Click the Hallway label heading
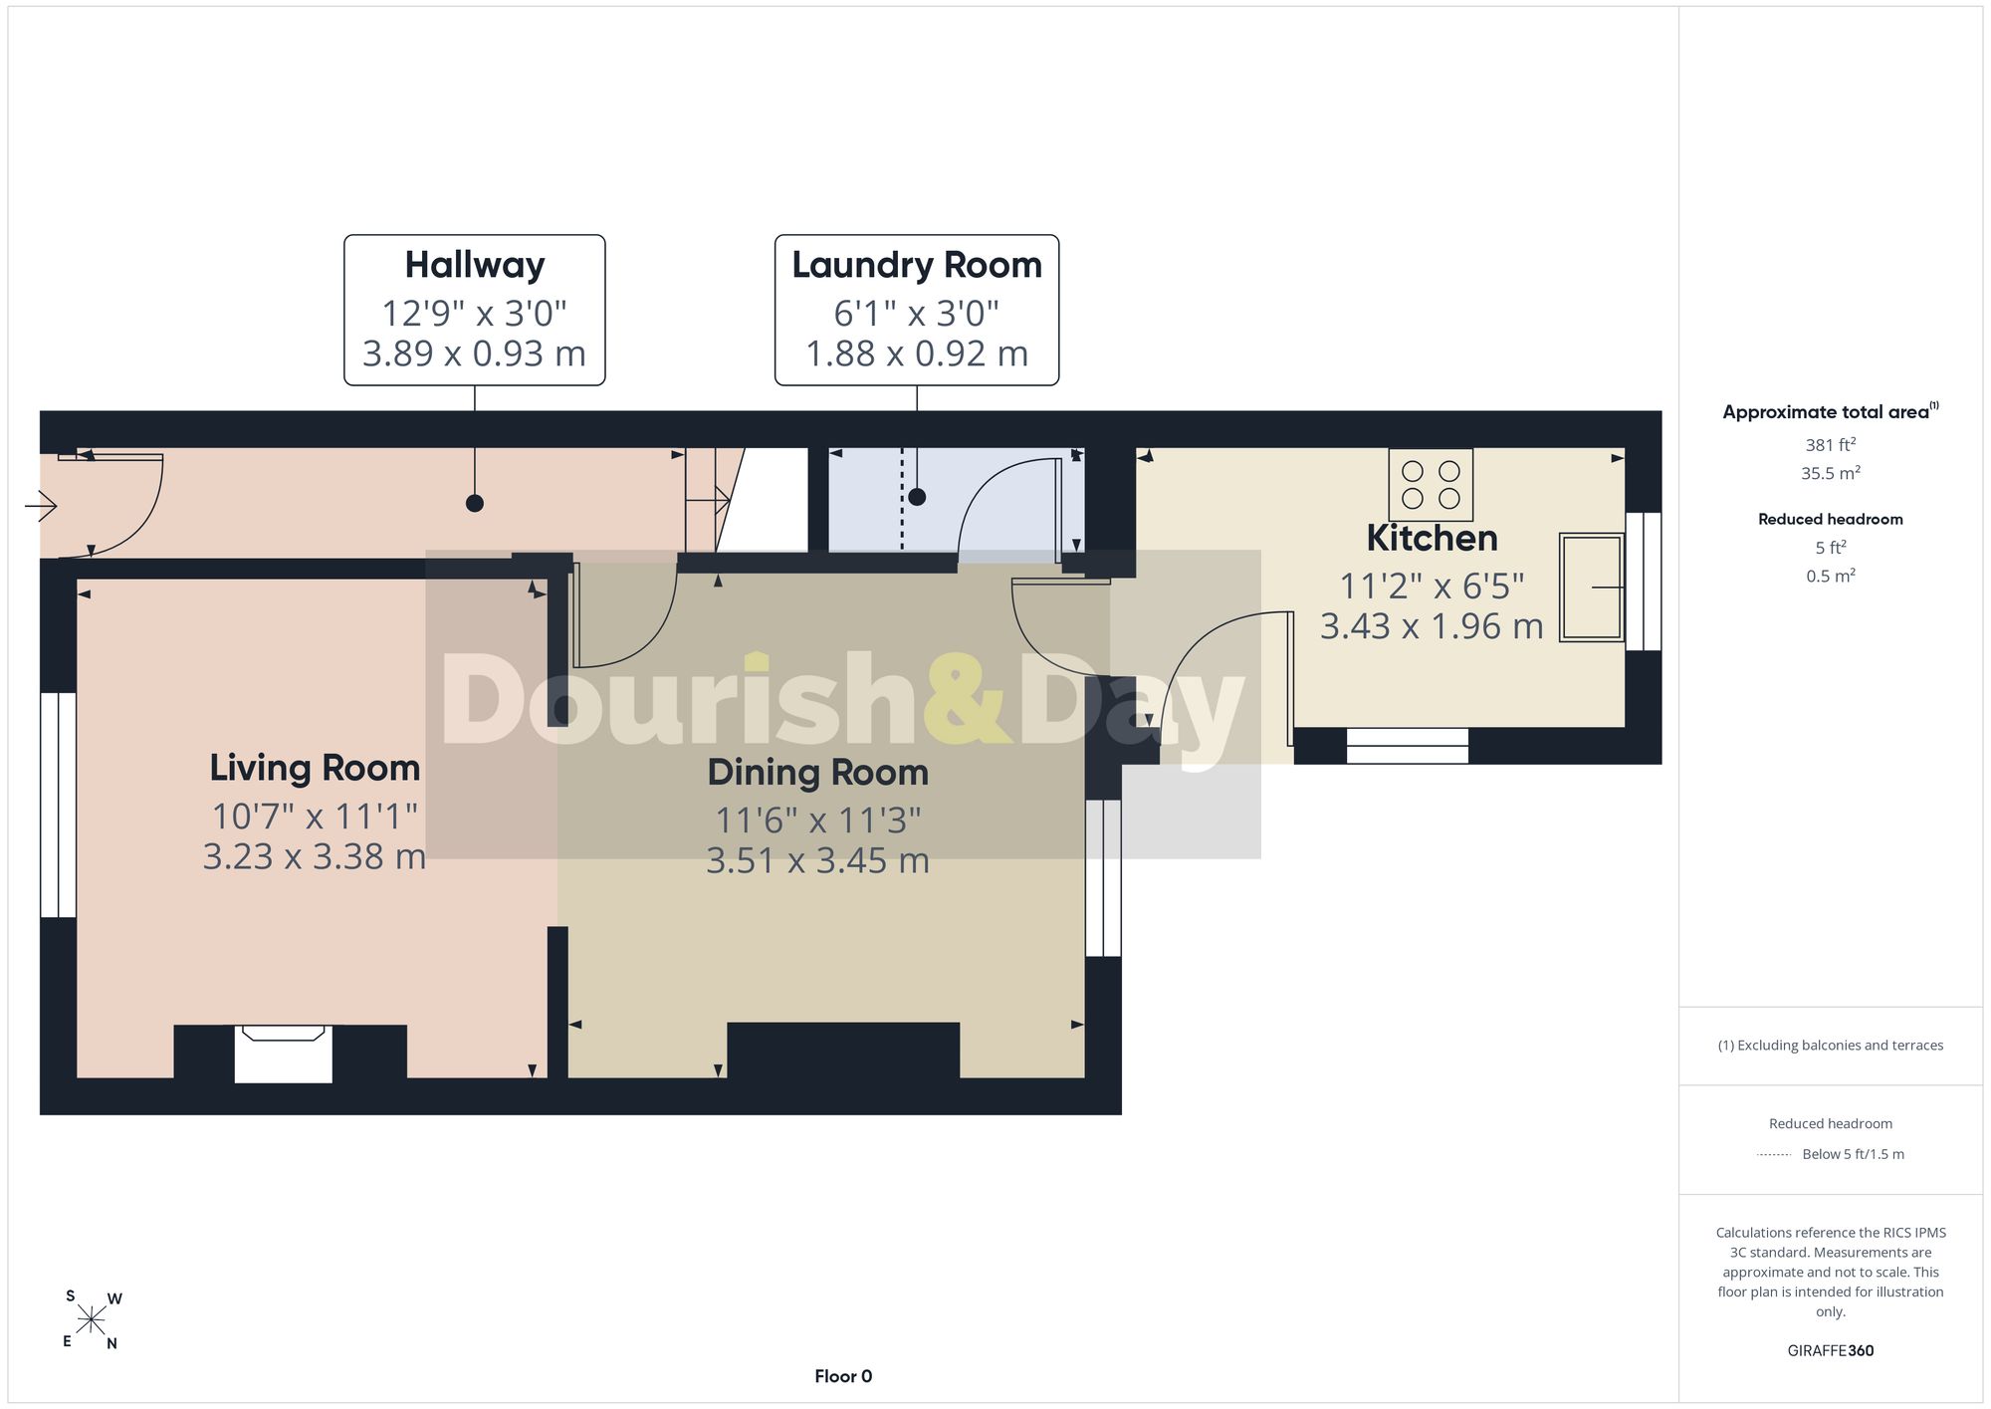click(x=475, y=265)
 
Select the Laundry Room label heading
click(x=917, y=265)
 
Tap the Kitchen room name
click(x=1432, y=538)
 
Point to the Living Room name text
click(x=315, y=768)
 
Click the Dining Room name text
click(x=817, y=772)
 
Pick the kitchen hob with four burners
click(x=1431, y=485)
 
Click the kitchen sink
click(x=1592, y=587)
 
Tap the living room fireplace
click(x=283, y=1054)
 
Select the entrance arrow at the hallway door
click(x=41, y=507)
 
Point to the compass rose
click(x=92, y=1320)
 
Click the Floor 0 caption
click(x=843, y=1376)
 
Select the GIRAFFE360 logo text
click(x=1831, y=1351)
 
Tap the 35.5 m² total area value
click(x=1831, y=473)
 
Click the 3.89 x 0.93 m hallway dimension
click(x=474, y=353)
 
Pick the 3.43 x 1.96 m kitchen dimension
click(x=1432, y=626)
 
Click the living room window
click(x=58, y=805)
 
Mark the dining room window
click(x=1103, y=878)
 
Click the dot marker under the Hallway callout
click(x=475, y=503)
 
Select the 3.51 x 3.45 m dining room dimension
click(x=817, y=860)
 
